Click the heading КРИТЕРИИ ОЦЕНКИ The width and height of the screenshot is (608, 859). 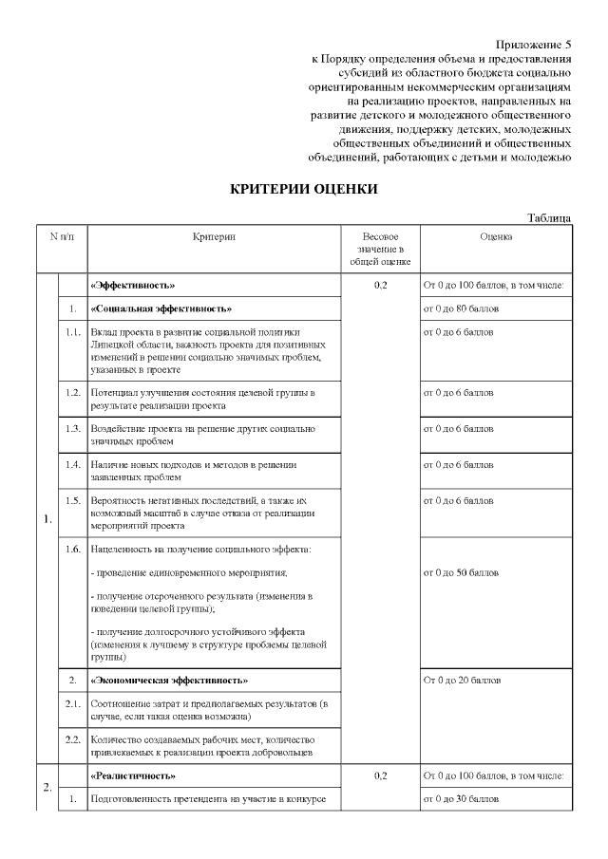pos(304,189)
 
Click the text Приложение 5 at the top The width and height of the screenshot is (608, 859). pos(534,45)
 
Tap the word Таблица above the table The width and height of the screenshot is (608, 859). pos(550,217)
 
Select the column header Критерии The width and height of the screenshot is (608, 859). pos(214,236)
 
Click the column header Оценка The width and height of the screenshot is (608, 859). pos(496,236)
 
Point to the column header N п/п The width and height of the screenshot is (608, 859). pos(62,236)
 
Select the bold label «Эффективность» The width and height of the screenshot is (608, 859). pos(133,285)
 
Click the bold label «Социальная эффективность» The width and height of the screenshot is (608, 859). pos(161,308)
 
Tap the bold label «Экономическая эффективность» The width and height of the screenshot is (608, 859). pos(169,681)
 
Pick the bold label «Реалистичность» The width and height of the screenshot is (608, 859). pos(132,775)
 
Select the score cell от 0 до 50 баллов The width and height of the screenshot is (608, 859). pos(461,573)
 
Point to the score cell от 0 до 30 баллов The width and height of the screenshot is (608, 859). pos(461,799)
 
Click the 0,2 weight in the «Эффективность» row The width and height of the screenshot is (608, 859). pos(380,285)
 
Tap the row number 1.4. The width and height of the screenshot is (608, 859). pos(72,465)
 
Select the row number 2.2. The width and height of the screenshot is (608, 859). pos(72,738)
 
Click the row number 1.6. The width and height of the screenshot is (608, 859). pos(72,550)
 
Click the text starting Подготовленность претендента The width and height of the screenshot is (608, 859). pos(208,799)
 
